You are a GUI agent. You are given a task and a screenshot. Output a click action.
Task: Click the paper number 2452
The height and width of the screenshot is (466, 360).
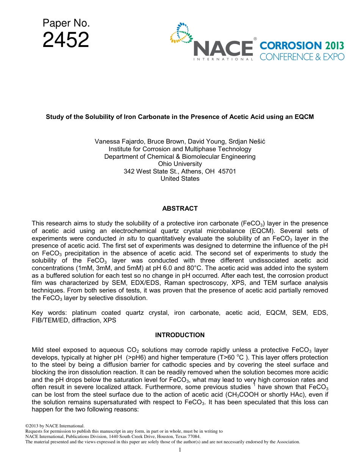click(66, 40)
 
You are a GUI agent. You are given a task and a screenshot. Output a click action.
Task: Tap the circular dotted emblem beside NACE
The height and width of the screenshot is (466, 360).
click(181, 33)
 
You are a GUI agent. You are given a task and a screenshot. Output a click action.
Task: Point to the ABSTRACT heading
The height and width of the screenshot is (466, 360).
click(180, 208)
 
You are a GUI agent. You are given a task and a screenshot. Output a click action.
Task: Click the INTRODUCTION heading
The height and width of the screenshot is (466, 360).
click(180, 335)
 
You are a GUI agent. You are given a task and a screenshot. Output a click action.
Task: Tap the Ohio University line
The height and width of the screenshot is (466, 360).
click(180, 164)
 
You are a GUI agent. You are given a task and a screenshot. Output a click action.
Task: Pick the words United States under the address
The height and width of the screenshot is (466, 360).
click(180, 179)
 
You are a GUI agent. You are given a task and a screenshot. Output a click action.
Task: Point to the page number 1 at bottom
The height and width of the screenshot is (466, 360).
click(180, 450)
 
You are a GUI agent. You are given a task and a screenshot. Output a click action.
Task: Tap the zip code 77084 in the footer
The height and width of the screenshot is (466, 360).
click(192, 436)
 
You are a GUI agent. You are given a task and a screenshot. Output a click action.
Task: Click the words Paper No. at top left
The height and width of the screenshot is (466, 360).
click(66, 23)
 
